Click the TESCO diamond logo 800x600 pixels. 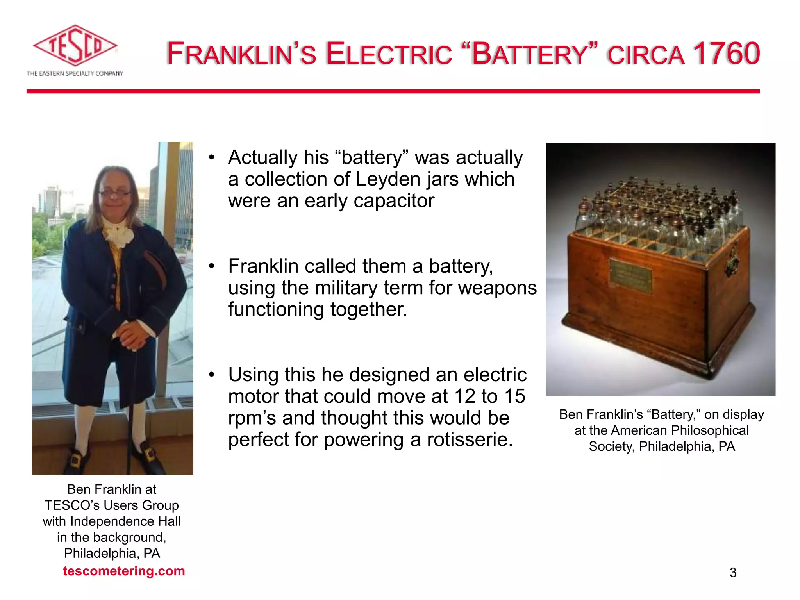tap(75, 46)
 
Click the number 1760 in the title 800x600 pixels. tap(726, 54)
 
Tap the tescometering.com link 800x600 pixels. tap(124, 571)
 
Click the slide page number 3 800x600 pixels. tap(733, 573)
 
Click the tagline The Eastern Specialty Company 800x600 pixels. tap(75, 73)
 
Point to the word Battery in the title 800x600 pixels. tap(529, 54)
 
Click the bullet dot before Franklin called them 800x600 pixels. tap(212, 266)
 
